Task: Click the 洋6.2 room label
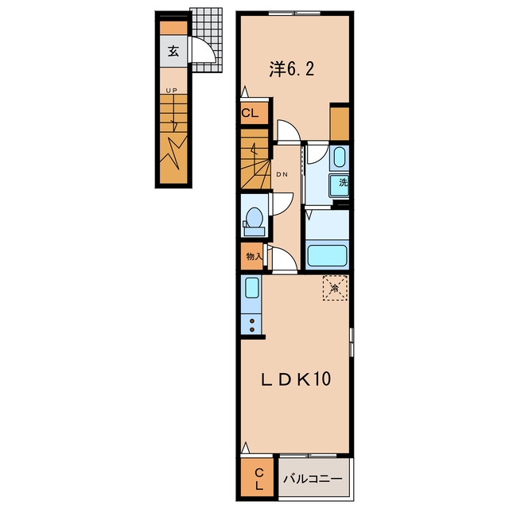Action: [292, 69]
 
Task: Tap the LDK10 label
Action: [296, 379]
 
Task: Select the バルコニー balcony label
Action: [313, 479]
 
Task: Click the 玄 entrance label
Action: [173, 51]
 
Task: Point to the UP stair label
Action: [172, 91]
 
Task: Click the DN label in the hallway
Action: [282, 174]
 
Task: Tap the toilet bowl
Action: [254, 216]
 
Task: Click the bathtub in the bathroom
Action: [327, 255]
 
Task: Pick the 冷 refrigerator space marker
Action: [335, 288]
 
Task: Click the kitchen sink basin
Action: [252, 288]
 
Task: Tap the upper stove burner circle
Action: [251, 321]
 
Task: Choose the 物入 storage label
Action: [254, 256]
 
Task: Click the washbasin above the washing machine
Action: [340, 157]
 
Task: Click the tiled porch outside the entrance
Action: [207, 41]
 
